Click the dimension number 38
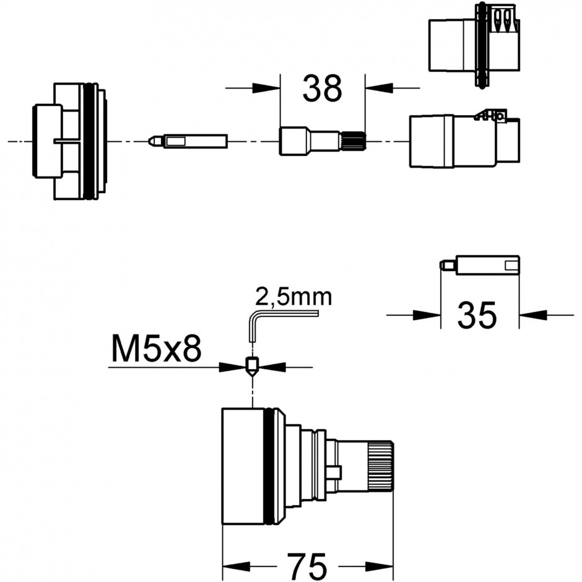click(x=322, y=89)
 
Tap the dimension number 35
click(x=477, y=315)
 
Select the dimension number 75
click(x=306, y=567)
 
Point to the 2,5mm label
click(x=293, y=297)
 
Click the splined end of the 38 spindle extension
click(x=354, y=141)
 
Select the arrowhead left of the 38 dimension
click(x=266, y=89)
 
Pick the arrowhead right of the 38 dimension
click(x=379, y=89)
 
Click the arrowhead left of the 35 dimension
click(x=427, y=315)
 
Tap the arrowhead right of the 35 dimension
click(x=532, y=315)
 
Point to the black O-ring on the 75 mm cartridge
click(x=269, y=466)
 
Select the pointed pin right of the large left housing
click(x=188, y=141)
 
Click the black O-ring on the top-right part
click(x=481, y=45)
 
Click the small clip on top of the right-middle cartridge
click(x=490, y=115)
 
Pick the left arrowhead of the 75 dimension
click(x=236, y=567)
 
